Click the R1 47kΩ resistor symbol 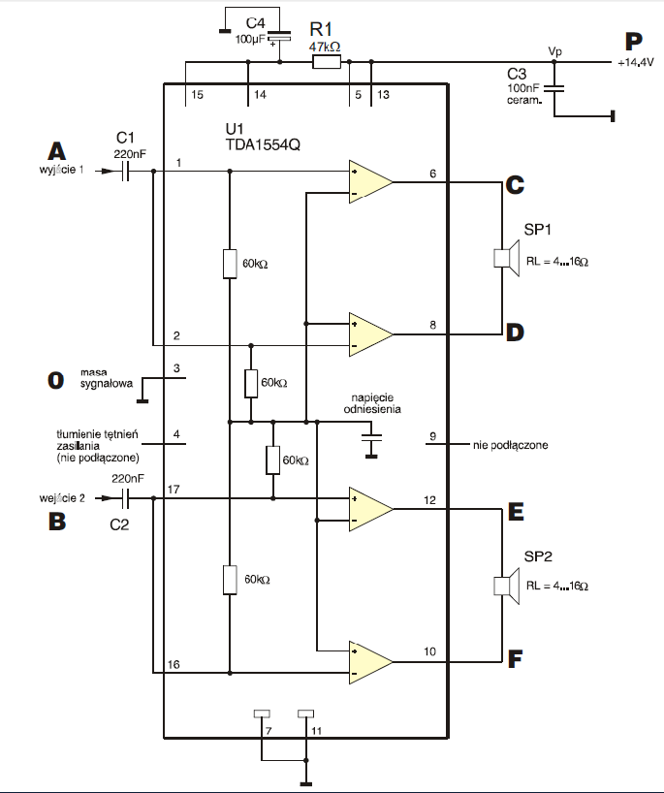(x=327, y=62)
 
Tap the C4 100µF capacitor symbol (x=280, y=37)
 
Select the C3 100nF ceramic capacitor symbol (x=553, y=88)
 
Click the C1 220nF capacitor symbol (x=126, y=171)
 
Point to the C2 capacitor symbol (x=126, y=498)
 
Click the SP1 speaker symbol (x=507, y=258)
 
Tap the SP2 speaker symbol (x=507, y=586)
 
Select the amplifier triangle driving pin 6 (x=370, y=182)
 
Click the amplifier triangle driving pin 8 (x=370, y=334)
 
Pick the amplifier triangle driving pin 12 (x=370, y=509)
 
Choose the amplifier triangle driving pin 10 (x=370, y=662)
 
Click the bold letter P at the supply (x=634, y=42)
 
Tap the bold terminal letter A (x=56, y=151)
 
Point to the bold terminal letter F (x=515, y=658)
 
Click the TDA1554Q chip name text (x=263, y=144)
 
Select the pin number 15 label (x=197, y=95)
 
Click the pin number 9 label (x=432, y=436)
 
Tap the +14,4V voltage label (x=636, y=63)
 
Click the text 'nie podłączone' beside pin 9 (x=510, y=445)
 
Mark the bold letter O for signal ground (x=55, y=380)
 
